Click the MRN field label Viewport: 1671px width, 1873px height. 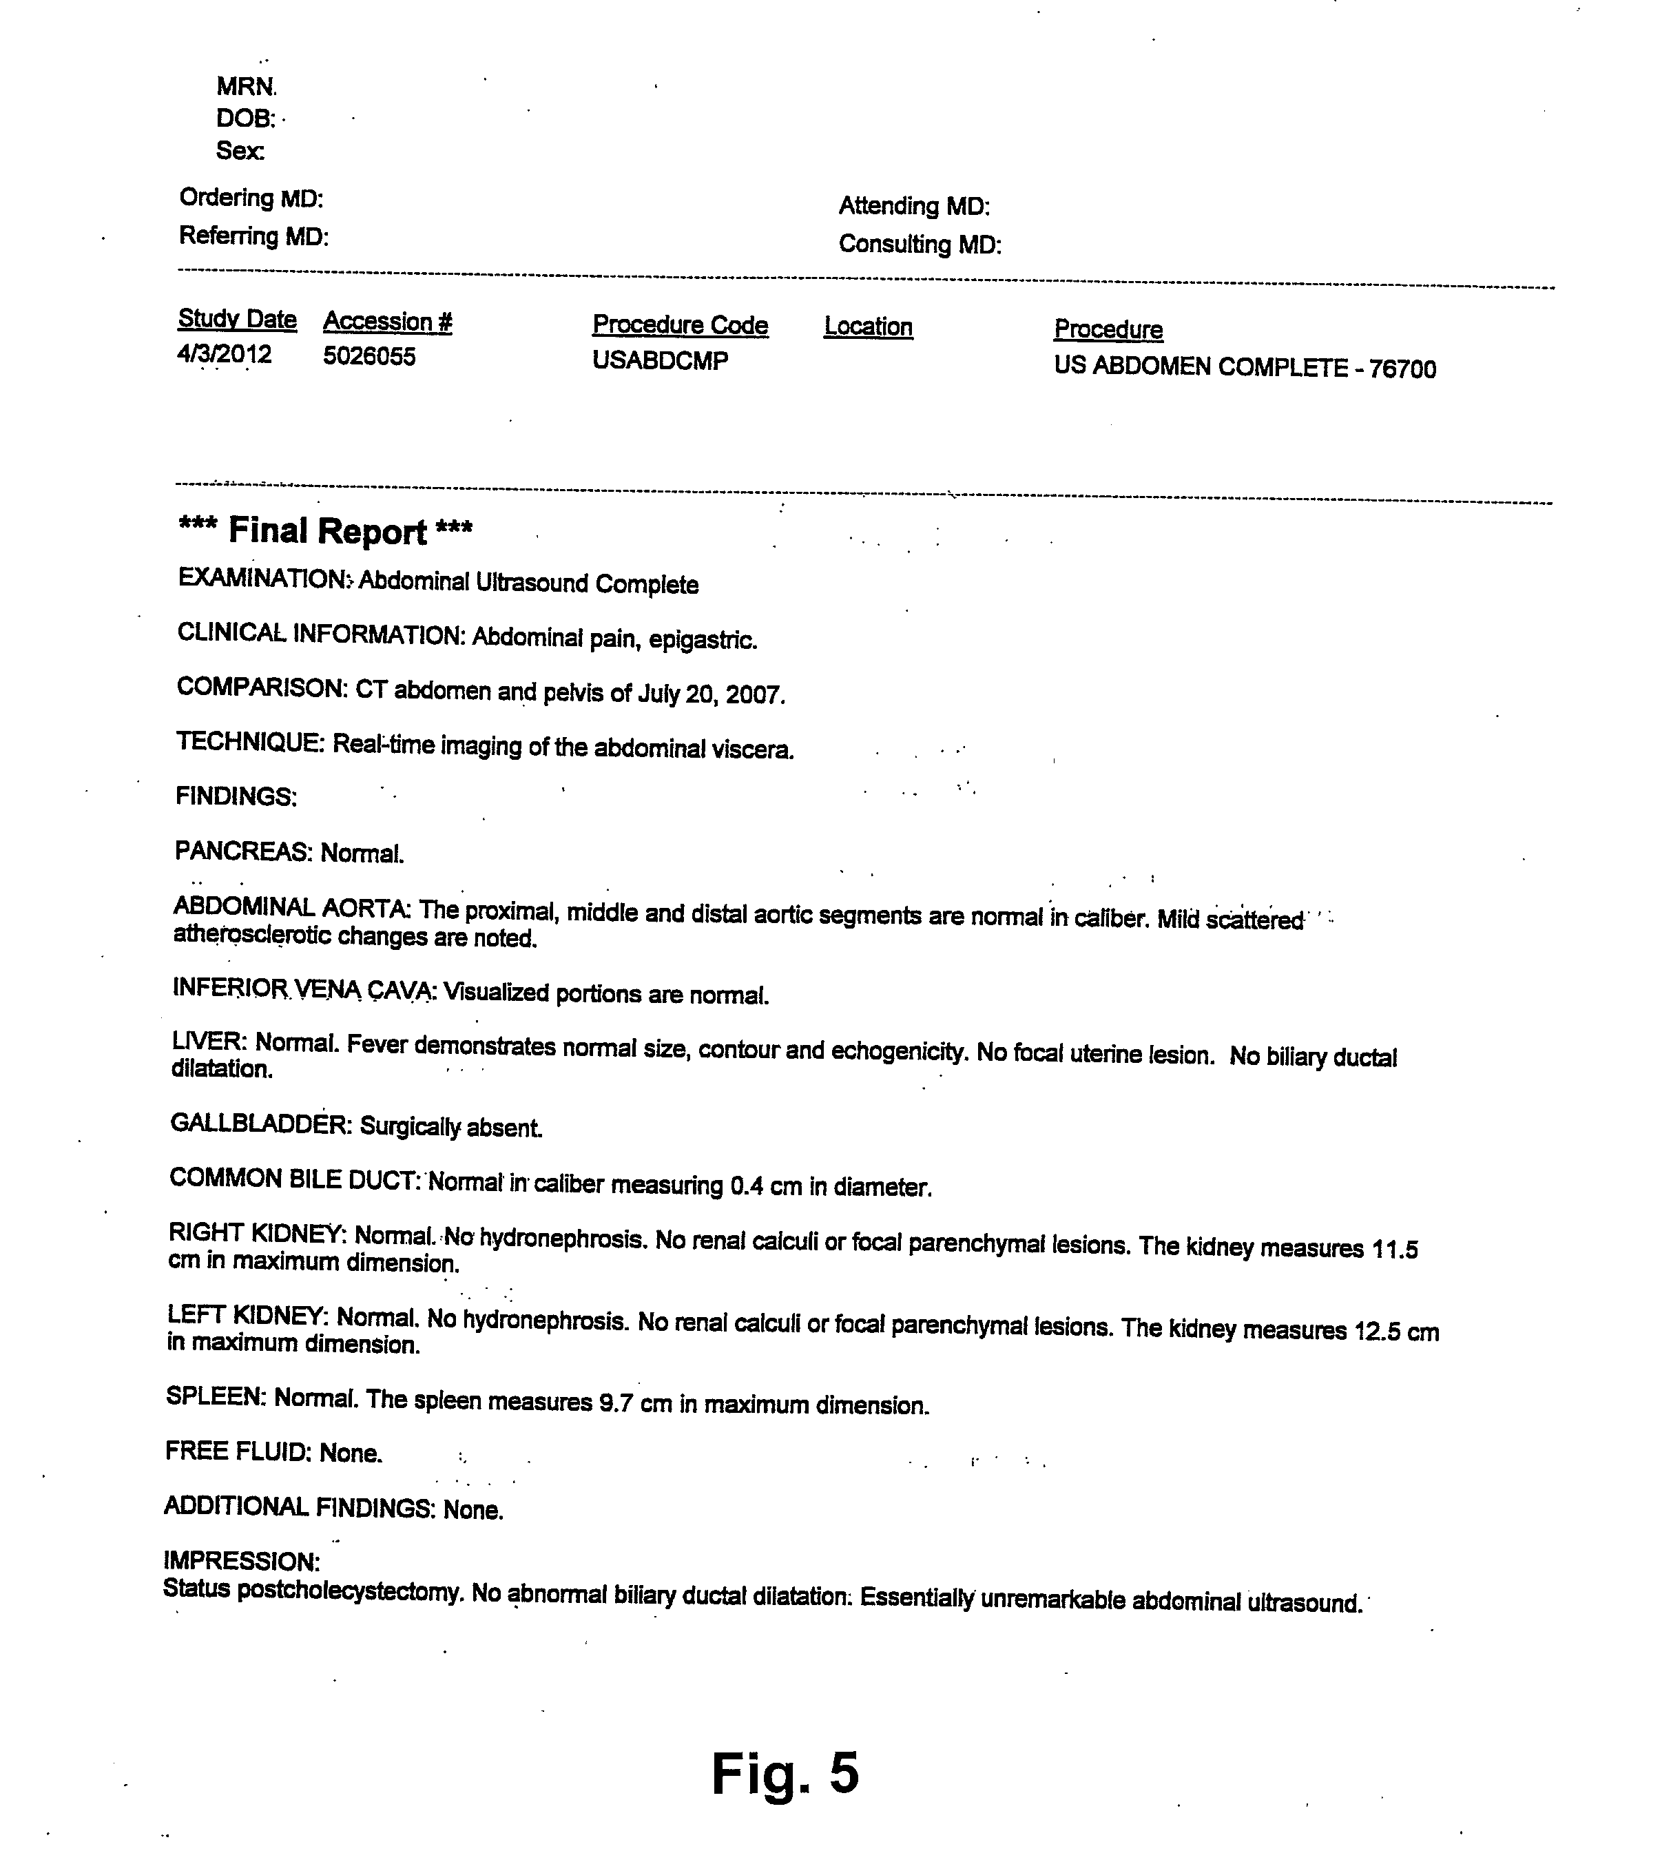(246, 87)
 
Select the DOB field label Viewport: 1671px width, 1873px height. (245, 118)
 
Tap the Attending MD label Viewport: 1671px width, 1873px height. (913, 207)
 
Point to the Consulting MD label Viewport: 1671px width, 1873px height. (919, 245)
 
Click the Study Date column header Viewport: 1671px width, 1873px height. (237, 320)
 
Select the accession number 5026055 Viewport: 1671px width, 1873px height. (369, 356)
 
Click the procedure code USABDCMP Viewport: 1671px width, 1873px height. (660, 361)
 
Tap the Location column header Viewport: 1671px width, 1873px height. (868, 327)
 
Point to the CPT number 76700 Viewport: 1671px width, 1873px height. (1402, 369)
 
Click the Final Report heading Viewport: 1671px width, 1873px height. (326, 532)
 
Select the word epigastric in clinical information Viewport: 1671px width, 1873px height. (703, 641)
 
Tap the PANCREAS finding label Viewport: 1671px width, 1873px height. (243, 852)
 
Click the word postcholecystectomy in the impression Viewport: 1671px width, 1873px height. (350, 1593)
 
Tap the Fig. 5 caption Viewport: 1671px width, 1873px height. (785, 1773)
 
